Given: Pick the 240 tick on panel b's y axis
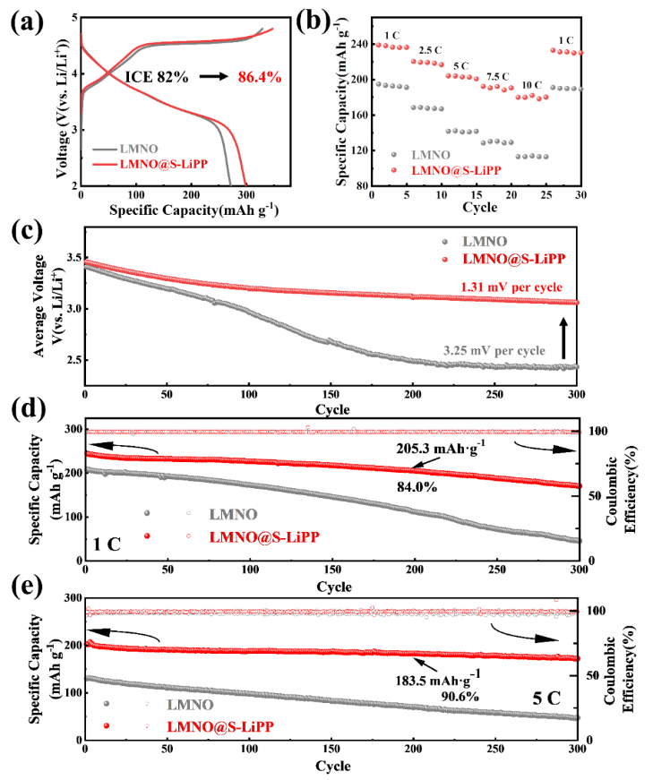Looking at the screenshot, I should (360, 44).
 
